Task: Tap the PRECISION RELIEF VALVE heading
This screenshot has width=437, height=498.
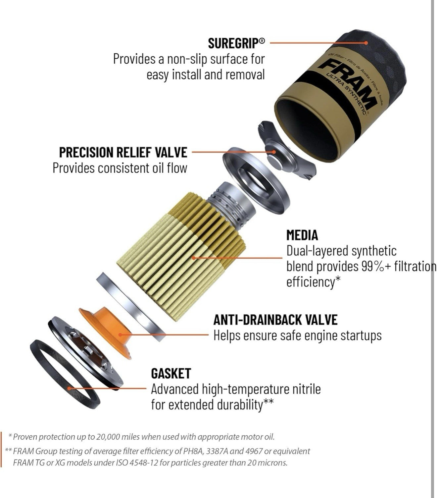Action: point(123,152)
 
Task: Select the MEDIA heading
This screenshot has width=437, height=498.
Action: point(302,235)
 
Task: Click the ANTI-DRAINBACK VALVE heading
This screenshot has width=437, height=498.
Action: point(275,320)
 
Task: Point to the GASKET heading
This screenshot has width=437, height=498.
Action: point(171,373)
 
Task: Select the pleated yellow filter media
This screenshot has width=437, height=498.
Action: point(182,256)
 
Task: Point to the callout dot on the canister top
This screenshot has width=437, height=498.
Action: point(366,43)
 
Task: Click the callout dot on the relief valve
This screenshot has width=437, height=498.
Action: point(274,152)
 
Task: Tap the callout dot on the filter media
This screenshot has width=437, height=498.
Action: point(194,258)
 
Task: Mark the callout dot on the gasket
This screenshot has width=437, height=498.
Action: point(70,388)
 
